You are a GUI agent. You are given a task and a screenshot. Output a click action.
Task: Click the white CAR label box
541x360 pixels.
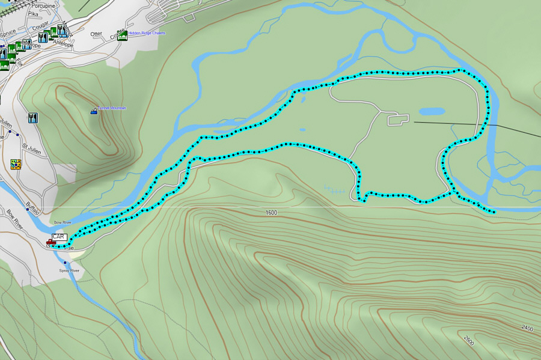pyautogui.click(x=58, y=237)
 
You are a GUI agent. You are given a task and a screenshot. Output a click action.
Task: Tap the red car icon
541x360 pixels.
pyautogui.click(x=50, y=242)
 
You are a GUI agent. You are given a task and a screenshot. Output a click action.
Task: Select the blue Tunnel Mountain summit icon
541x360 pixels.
pyautogui.click(x=93, y=111)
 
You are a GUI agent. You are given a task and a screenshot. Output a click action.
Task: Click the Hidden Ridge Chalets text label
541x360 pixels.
pyautogui.click(x=147, y=33)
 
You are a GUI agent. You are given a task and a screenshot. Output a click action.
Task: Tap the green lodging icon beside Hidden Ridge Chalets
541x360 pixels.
pyautogui.click(x=123, y=35)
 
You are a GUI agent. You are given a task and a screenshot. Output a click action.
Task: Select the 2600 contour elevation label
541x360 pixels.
pyautogui.click(x=469, y=343)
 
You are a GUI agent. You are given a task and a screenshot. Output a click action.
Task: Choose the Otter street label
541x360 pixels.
pyautogui.click(x=96, y=34)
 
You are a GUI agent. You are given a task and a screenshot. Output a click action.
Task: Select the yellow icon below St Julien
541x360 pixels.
pyautogui.click(x=16, y=164)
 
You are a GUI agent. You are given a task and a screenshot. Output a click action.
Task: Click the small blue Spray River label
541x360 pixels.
pyautogui.click(x=70, y=270)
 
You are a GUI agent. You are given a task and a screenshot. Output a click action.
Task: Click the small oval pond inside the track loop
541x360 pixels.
pyautogui.click(x=432, y=111)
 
